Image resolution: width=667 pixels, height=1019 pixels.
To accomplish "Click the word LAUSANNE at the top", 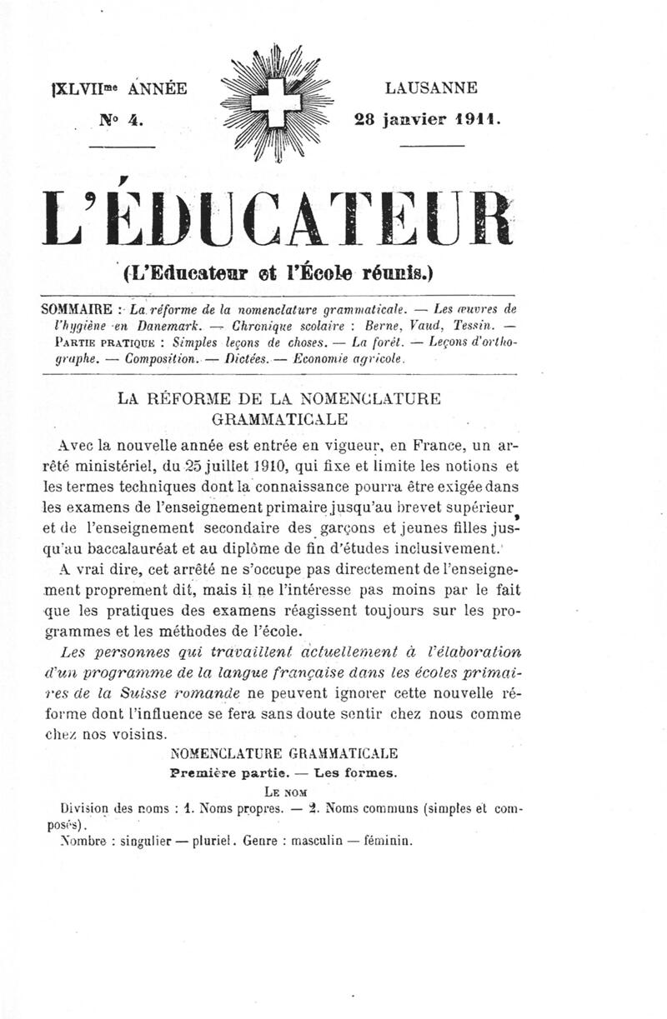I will click(431, 87).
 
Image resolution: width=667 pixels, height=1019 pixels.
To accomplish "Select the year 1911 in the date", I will click(477, 119).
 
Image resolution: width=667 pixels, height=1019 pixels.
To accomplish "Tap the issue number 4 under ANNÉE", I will click(136, 119).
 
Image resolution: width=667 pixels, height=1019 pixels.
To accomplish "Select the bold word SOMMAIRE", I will click(78, 309).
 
